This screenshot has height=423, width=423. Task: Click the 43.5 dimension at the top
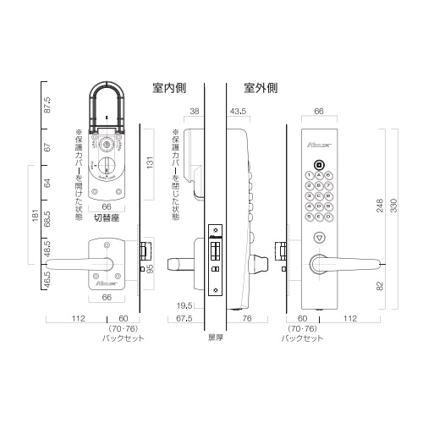tap(238, 111)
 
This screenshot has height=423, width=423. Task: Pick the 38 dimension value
tap(195, 111)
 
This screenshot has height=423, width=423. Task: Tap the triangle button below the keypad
tap(319, 239)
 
